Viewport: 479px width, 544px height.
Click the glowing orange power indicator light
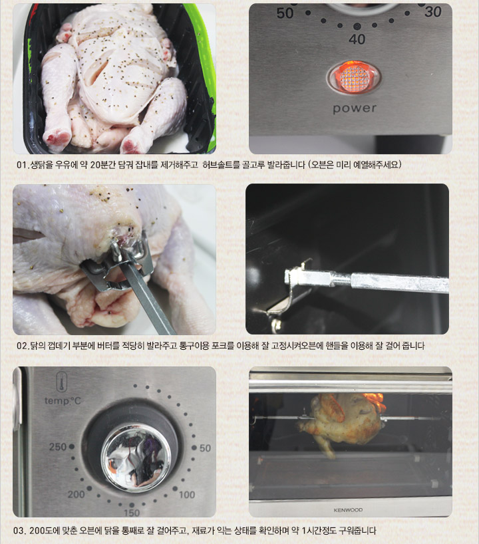(354, 77)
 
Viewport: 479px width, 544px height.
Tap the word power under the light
(355, 108)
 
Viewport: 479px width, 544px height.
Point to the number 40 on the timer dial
(357, 39)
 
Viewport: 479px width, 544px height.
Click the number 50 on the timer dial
(285, 13)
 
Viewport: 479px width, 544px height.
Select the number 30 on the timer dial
(433, 12)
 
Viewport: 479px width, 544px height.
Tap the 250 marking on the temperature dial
(58, 446)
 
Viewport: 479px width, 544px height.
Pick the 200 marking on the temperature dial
(76, 494)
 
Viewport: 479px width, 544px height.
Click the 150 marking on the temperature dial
(132, 513)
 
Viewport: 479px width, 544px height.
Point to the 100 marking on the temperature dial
(187, 494)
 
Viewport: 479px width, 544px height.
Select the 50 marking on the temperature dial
(205, 448)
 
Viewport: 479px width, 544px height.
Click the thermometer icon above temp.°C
(62, 382)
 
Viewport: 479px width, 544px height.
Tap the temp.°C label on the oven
(63, 401)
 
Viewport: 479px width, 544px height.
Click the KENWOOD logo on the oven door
(348, 510)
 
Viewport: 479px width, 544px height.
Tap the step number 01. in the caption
(23, 165)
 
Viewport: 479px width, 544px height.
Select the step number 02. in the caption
(23, 346)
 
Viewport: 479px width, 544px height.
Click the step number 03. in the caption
(20, 531)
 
